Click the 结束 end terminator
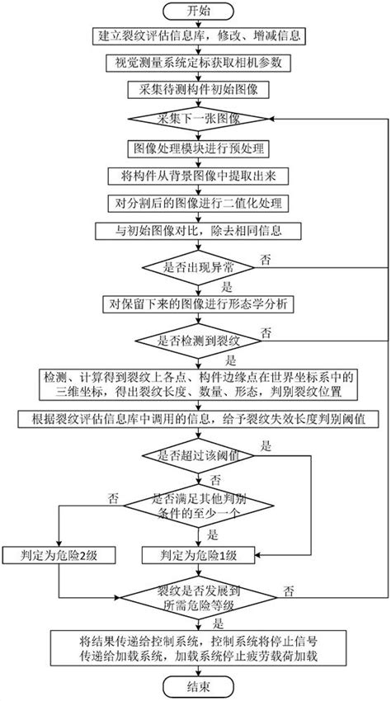click(x=197, y=686)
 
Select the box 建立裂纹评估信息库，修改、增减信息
click(x=197, y=37)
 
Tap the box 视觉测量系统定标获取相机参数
click(x=197, y=64)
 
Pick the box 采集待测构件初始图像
click(x=197, y=90)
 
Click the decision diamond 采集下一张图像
click(x=197, y=119)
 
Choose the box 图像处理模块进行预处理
click(x=197, y=148)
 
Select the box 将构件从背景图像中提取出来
click(x=197, y=175)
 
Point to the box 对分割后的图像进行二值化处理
click(x=197, y=202)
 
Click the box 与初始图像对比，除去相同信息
click(x=197, y=230)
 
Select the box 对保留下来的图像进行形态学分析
click(x=197, y=303)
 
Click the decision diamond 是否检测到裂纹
click(x=197, y=340)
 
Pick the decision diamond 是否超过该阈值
click(x=197, y=454)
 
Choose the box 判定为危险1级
click(x=197, y=554)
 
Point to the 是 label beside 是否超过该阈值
click(x=266, y=445)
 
